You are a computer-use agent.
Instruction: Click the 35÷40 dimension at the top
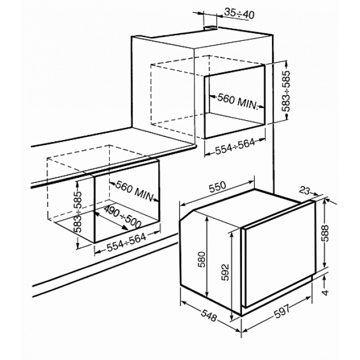point(239,14)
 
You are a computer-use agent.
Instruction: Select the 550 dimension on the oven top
point(218,187)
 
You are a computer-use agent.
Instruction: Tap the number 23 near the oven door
point(305,190)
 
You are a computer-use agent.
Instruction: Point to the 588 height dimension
point(325,233)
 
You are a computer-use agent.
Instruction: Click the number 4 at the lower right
point(325,292)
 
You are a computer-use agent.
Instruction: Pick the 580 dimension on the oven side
point(202,259)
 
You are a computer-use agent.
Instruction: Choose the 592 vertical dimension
point(225,272)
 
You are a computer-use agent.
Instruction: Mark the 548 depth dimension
point(209,315)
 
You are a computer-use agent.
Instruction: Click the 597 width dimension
point(282,312)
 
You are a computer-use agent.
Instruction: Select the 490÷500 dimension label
point(122,217)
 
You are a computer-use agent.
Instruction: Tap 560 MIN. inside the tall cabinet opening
point(238,101)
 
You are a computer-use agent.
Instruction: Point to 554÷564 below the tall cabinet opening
point(235,146)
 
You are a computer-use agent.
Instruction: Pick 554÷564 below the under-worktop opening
point(126,243)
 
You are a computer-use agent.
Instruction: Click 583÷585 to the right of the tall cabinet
point(286,91)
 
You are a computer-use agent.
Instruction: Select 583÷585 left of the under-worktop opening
point(79,212)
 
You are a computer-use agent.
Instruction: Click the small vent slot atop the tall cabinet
point(210,28)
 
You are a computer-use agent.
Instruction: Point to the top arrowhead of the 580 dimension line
point(207,219)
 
